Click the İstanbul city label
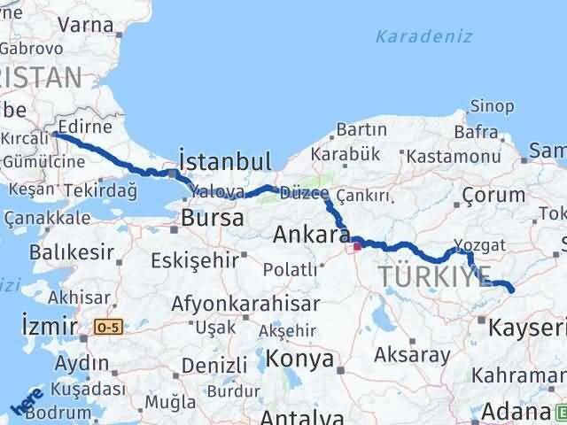(225, 161)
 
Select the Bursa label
(210, 217)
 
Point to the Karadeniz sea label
(423, 36)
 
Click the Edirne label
(85, 125)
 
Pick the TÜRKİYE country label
(434, 276)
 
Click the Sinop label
(492, 107)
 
